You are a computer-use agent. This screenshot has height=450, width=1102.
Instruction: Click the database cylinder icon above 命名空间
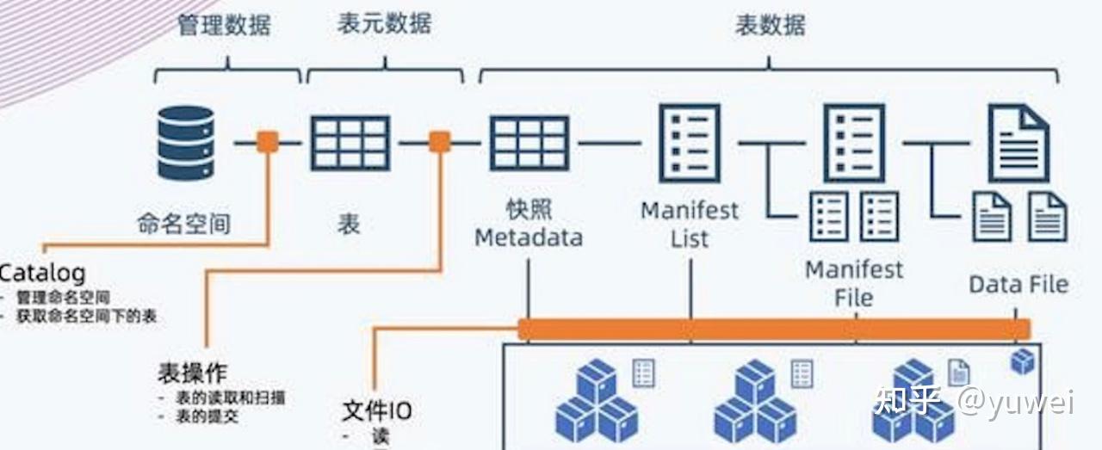[185, 143]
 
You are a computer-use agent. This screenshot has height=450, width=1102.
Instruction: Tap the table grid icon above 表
[350, 143]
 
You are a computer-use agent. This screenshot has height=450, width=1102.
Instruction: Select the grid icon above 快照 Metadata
[529, 143]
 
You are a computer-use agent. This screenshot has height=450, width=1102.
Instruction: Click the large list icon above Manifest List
[689, 143]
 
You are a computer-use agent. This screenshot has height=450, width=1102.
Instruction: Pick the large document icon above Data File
[1018, 143]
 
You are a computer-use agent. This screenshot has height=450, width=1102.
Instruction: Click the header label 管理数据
[225, 25]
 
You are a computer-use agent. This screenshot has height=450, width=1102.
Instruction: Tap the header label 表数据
[770, 25]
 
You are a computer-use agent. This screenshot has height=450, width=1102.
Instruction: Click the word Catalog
[43, 274]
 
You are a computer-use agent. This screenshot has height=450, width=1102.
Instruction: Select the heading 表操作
[192, 373]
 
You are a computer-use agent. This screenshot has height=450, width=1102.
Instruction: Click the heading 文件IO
[376, 410]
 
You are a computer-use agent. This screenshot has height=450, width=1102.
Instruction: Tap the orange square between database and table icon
[268, 142]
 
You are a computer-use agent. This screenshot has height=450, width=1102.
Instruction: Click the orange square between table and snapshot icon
[440, 142]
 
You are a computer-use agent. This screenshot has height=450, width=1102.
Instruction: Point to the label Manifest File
[854, 283]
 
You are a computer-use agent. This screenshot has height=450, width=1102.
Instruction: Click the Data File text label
[1018, 284]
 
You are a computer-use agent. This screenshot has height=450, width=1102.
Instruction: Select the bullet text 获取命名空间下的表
[86, 317]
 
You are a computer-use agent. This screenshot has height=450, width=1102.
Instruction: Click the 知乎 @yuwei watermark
[973, 401]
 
